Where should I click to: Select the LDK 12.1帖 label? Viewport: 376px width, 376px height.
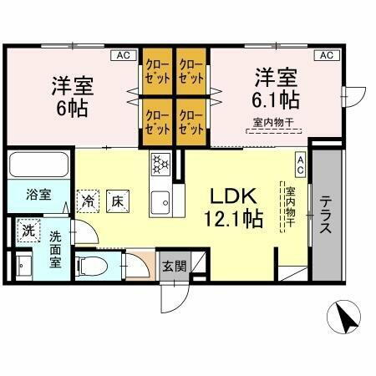pos(236,207)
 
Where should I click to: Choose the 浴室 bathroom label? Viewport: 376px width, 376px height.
pos(38,195)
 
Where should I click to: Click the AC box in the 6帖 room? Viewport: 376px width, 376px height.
pos(123,55)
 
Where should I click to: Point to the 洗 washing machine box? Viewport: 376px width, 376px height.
pos(28,230)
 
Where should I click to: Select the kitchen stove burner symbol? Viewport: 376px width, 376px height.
pos(160,164)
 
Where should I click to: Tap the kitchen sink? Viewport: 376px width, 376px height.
pos(160,201)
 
